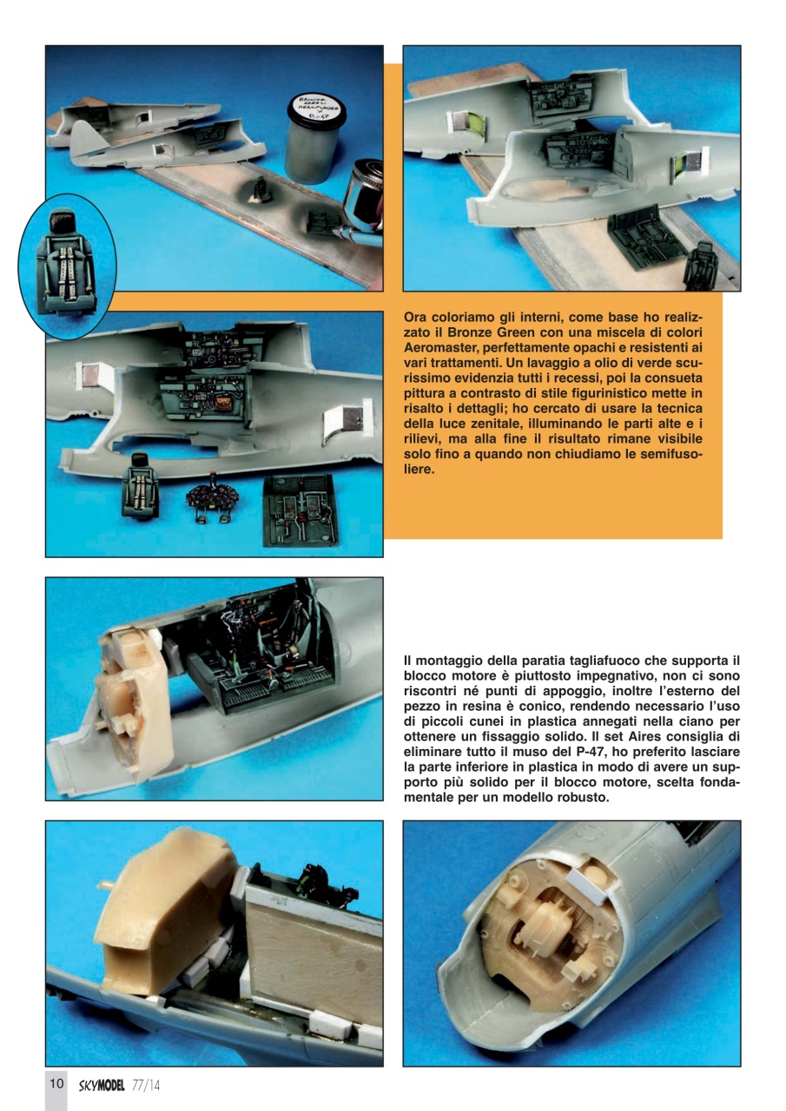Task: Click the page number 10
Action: pyautogui.click(x=56, y=1084)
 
